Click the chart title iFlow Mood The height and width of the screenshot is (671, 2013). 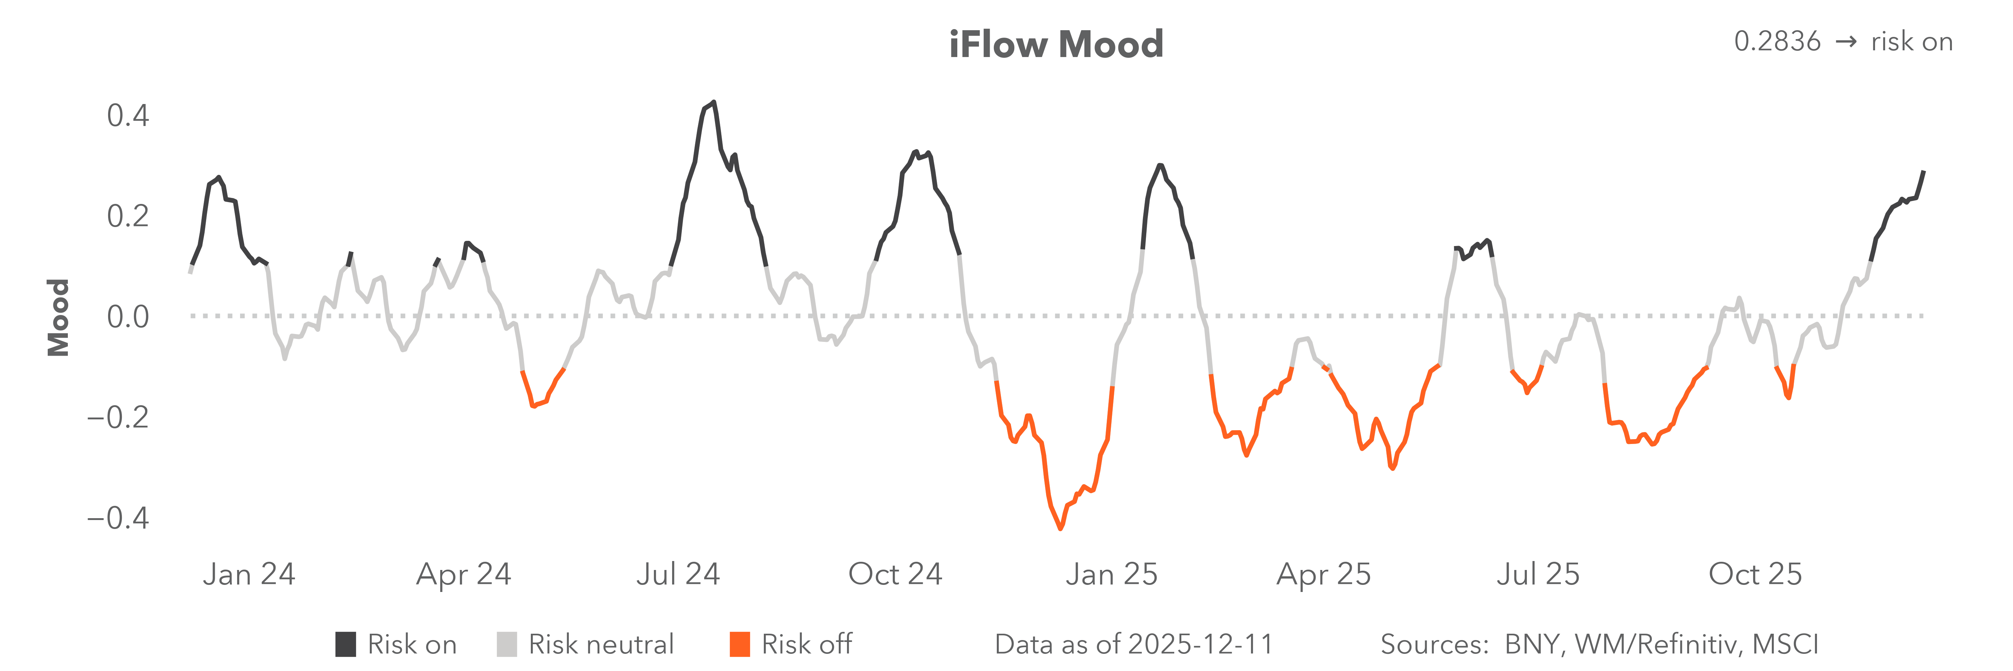(x=1056, y=44)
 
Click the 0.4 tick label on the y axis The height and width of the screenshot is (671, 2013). (x=127, y=116)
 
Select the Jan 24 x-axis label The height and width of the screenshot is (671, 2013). (x=249, y=574)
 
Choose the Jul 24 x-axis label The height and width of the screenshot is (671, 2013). (x=677, y=574)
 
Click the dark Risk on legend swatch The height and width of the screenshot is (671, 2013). (x=346, y=645)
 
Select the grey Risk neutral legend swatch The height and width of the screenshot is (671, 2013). (x=506, y=645)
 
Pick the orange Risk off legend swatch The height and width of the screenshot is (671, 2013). (x=739, y=645)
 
